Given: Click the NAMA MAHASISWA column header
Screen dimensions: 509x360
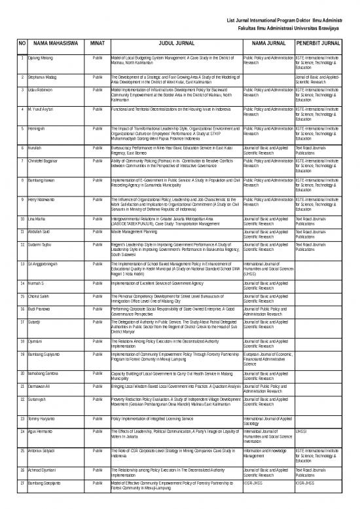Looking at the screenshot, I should pos(55,44).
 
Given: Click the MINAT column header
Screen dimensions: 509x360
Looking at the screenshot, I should pos(98,44).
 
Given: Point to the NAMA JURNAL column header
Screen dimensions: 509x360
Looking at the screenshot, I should pos(267,44).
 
